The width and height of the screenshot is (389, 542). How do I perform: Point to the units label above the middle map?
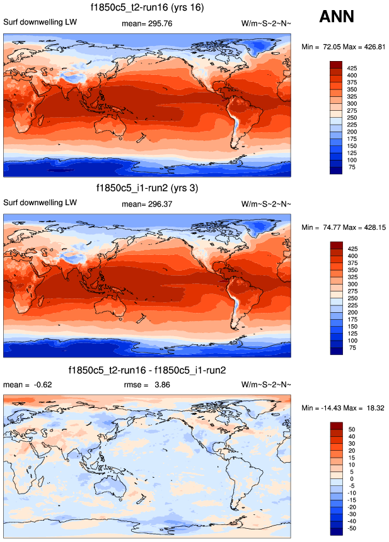266,203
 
